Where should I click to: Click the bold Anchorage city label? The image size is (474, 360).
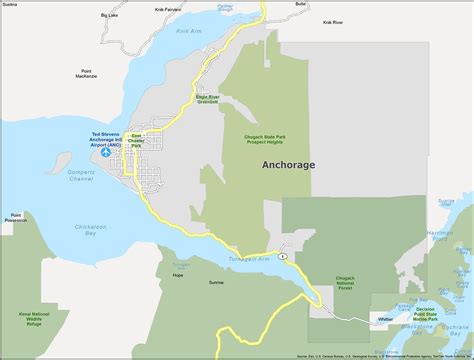tap(287, 165)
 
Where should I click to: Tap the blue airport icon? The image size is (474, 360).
tap(107, 153)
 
